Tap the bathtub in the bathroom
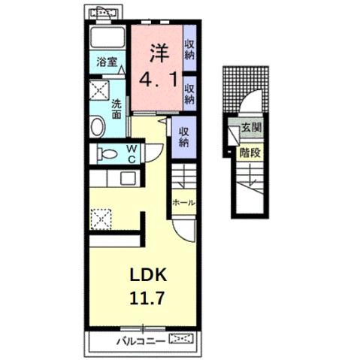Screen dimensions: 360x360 (108, 39)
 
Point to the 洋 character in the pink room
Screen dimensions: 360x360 (158, 53)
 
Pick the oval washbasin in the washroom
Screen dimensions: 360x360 (98, 126)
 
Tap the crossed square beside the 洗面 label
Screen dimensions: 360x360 (99, 92)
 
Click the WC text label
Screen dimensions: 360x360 (131, 153)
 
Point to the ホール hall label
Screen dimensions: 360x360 (183, 203)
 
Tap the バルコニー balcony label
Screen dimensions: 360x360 (141, 340)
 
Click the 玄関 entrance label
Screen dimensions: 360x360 (251, 129)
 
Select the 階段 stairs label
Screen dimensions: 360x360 (251, 152)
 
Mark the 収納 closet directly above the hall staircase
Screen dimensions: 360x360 (184, 136)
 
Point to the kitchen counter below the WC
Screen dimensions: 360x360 (113, 180)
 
